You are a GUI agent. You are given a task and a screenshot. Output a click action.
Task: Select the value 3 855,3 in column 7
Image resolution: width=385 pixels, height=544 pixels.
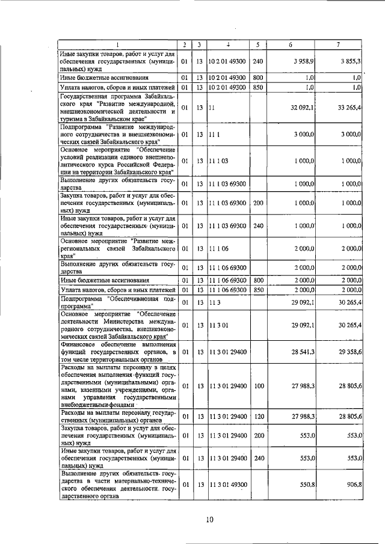pos(350,62)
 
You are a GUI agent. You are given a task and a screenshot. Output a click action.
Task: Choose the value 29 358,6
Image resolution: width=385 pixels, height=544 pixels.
pos(350,350)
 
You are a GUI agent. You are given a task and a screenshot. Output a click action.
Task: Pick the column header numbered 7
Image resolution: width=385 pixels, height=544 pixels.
pos(338,45)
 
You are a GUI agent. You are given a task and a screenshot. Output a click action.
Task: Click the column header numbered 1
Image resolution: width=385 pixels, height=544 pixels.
pos(118,45)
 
